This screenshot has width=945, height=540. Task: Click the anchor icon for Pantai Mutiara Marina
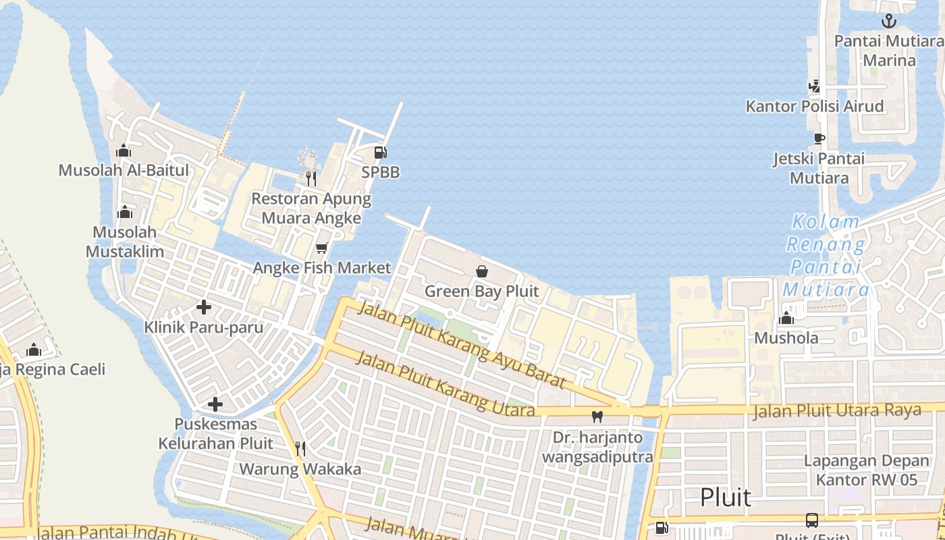click(x=889, y=21)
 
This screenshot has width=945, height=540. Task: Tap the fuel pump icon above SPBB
click(x=381, y=153)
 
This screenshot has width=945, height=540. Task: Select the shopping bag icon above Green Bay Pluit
click(x=482, y=271)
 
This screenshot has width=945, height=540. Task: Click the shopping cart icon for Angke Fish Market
click(x=322, y=248)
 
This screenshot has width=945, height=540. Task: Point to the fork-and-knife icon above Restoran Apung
click(x=310, y=178)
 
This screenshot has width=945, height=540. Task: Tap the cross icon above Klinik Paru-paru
click(x=204, y=307)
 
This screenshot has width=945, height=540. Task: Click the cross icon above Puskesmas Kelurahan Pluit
click(x=215, y=404)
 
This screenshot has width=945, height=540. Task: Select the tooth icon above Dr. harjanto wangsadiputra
click(x=597, y=416)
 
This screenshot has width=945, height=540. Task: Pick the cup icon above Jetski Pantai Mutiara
click(x=819, y=138)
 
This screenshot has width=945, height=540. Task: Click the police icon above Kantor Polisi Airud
click(x=815, y=86)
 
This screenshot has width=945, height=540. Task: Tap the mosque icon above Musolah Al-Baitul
click(x=124, y=151)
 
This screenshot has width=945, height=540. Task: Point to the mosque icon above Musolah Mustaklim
click(x=124, y=213)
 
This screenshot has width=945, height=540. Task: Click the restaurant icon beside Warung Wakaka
click(x=300, y=448)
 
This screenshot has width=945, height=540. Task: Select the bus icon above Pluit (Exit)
click(x=812, y=520)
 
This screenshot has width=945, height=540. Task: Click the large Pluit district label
click(x=726, y=497)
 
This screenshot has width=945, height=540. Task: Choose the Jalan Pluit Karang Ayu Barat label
click(x=460, y=345)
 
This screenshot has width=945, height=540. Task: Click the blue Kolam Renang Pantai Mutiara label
click(x=826, y=256)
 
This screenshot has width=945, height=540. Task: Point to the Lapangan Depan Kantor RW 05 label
click(x=867, y=470)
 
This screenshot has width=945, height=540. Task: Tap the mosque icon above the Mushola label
click(x=786, y=318)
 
